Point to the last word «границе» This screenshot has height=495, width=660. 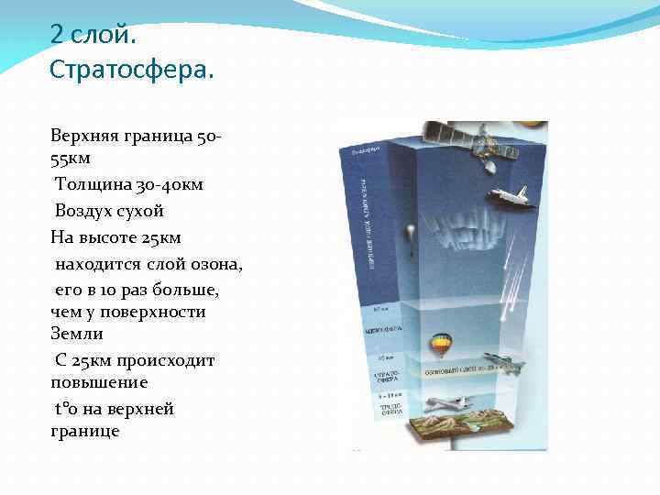click(85, 430)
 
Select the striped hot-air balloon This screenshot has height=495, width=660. click(441, 345)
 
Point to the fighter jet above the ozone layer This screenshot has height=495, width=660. click(507, 363)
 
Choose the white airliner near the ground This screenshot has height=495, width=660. click(445, 402)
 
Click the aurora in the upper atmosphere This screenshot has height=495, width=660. click(449, 230)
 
